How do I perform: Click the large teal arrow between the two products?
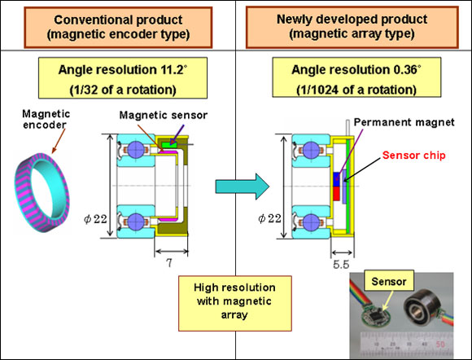(243, 187)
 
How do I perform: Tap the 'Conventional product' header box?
(118, 28)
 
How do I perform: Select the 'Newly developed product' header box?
(352, 27)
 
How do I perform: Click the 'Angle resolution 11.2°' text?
(123, 69)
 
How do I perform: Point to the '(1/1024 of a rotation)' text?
(356, 90)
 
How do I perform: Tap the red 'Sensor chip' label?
(413, 155)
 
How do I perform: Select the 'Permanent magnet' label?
(404, 122)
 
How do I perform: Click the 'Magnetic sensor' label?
(163, 115)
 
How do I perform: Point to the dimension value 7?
(169, 263)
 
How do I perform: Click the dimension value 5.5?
(341, 265)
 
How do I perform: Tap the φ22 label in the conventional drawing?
(95, 219)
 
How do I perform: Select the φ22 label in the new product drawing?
(269, 218)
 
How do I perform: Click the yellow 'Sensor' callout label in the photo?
(389, 281)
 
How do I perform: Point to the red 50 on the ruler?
(440, 344)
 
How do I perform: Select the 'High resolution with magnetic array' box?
(235, 303)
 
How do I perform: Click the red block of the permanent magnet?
(337, 194)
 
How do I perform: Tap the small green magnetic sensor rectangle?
(169, 145)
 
